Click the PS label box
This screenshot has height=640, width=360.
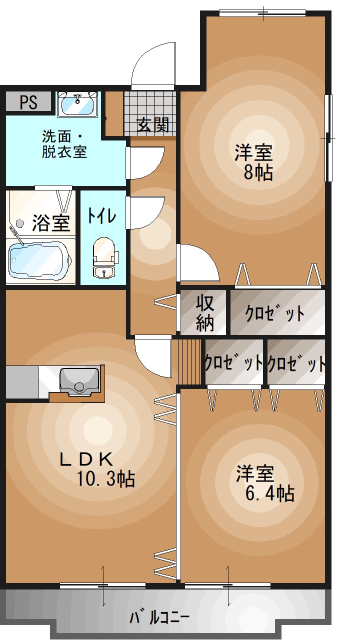(x=28, y=102)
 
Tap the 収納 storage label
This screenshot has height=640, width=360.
(x=204, y=313)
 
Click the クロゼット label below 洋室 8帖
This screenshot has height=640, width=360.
(x=274, y=313)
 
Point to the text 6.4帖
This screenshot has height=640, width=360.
(x=269, y=493)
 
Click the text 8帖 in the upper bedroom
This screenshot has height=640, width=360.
(x=258, y=172)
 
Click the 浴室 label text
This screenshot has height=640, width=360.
(x=50, y=223)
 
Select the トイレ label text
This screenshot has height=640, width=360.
(x=102, y=215)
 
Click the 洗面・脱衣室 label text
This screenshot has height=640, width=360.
(x=64, y=144)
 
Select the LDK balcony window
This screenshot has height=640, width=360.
(x=102, y=585)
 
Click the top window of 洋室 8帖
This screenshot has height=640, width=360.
(x=262, y=12)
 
